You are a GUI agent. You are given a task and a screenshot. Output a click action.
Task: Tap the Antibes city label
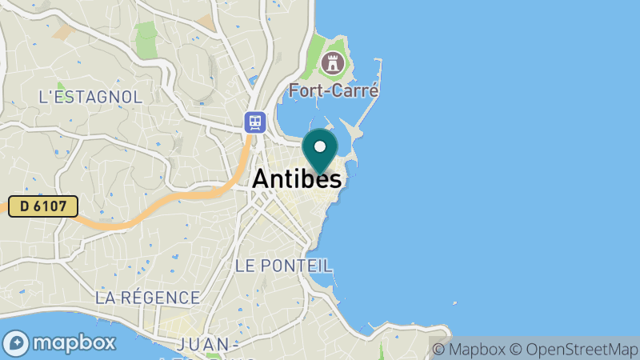pyautogui.click(x=297, y=180)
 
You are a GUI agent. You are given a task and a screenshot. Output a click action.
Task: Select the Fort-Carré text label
pyautogui.click(x=334, y=90)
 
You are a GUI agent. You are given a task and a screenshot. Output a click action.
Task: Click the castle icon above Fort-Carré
pyautogui.click(x=330, y=62)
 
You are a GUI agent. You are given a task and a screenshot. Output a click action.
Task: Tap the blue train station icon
pyautogui.click(x=255, y=122)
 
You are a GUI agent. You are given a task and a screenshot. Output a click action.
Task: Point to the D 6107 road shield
pyautogui.click(x=43, y=206)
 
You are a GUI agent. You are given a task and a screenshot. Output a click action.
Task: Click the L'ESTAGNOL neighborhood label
pyautogui.click(x=90, y=97)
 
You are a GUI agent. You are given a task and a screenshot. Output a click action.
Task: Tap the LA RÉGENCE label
pyautogui.click(x=147, y=298)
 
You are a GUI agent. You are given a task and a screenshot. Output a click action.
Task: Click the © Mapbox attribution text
pyautogui.click(x=469, y=349)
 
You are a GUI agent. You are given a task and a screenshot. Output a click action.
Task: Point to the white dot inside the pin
pyautogui.click(x=320, y=146)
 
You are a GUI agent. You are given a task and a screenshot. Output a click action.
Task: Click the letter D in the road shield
pyautogui.click(x=25, y=206)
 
